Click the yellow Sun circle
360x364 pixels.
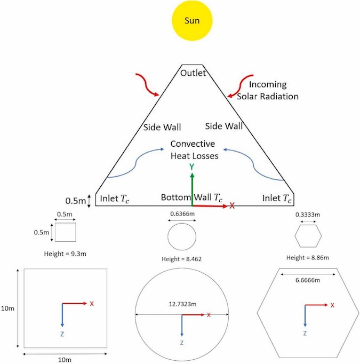point(191,21)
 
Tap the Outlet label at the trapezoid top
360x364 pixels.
point(193,73)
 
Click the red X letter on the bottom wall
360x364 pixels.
point(232,205)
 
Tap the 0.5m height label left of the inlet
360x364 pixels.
point(75,201)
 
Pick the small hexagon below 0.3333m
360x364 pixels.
point(309,235)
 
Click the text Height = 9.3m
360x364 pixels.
point(66,253)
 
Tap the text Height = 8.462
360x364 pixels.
point(181,259)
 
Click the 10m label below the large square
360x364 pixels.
point(65,360)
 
